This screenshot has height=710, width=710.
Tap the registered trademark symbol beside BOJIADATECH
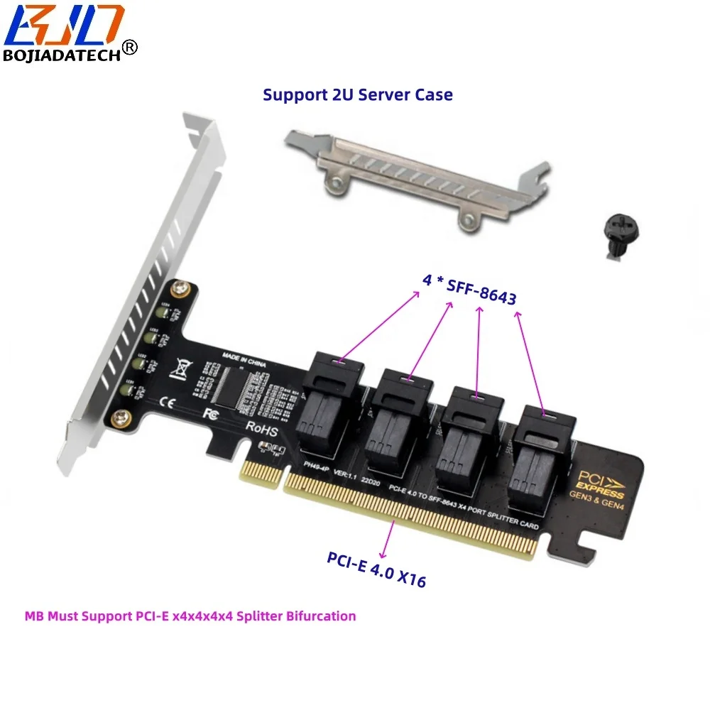(x=130, y=46)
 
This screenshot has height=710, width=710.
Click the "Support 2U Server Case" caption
(x=357, y=94)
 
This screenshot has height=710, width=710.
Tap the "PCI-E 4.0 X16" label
(x=376, y=567)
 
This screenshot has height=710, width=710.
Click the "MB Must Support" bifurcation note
(x=190, y=616)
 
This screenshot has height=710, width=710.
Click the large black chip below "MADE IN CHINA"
(x=236, y=389)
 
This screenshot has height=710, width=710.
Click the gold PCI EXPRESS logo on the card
(x=601, y=484)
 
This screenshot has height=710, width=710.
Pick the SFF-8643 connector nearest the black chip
(x=334, y=405)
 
